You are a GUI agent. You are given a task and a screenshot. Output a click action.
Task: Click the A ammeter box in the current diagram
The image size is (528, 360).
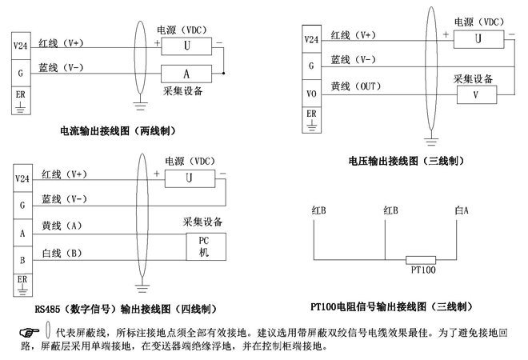coord(187,73)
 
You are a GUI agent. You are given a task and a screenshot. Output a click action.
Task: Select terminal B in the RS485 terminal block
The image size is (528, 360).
coord(22,260)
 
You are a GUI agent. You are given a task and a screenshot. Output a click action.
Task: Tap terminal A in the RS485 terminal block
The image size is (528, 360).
coord(22,233)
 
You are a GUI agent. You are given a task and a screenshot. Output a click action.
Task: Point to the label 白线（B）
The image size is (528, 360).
coord(62,254)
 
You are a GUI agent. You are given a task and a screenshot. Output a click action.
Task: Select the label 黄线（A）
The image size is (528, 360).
coord(62,226)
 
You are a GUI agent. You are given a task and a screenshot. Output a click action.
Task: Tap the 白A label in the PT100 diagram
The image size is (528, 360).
coord(461,210)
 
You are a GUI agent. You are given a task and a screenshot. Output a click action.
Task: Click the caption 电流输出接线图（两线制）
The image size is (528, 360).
coord(118,130)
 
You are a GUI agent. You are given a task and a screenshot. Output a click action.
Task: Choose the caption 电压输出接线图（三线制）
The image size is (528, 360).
coord(406,161)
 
